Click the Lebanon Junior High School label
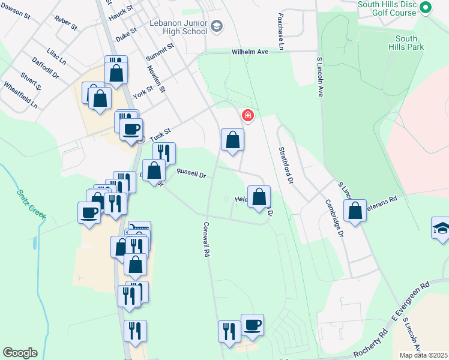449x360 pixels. tap(178, 27)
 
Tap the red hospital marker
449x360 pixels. tap(247, 115)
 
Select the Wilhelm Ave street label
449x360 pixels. tap(250, 52)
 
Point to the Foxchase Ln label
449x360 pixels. tap(281, 28)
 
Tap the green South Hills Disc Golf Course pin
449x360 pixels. tap(426, 8)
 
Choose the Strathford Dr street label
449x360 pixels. tap(285, 164)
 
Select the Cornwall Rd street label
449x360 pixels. tap(206, 239)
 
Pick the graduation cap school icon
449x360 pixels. tap(441, 229)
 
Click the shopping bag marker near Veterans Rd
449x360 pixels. tap(355, 211)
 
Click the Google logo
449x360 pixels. tap(20, 353)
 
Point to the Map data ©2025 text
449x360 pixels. tap(423, 355)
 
